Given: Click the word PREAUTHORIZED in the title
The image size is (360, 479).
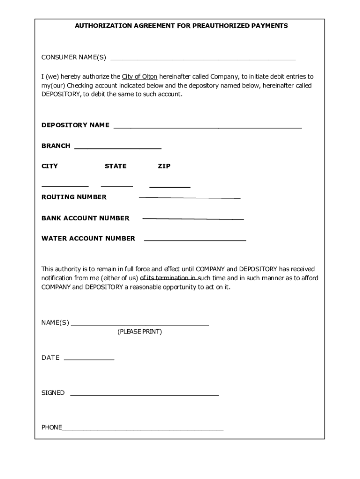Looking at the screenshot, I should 220,26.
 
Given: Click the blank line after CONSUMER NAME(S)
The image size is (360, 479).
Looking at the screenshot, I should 203,60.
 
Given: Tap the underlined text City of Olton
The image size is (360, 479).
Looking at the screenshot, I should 139,76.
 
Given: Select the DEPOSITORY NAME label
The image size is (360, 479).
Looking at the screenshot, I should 75,125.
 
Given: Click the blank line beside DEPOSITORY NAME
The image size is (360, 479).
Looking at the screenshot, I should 208,127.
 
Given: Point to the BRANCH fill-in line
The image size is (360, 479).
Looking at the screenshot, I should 118,148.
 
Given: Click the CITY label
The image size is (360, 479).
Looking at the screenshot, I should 50,166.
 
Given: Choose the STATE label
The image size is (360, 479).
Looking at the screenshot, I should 115,166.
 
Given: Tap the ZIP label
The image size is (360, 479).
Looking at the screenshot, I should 164,166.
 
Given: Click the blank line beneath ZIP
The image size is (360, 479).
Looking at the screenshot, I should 170,187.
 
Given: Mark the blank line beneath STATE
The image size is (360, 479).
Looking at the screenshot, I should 117,186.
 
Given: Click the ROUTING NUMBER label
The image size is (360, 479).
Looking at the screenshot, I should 74,197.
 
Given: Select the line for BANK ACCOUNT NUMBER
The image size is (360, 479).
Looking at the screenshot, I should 193,218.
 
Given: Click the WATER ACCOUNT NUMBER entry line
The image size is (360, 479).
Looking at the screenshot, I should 195,240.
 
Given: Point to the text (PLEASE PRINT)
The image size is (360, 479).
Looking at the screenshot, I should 139,332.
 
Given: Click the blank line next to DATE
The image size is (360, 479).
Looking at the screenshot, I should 89,360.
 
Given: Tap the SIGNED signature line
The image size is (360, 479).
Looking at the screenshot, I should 144,395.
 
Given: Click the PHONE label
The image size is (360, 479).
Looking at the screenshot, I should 51,427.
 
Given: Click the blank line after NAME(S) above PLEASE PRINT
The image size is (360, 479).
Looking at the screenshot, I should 139,324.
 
